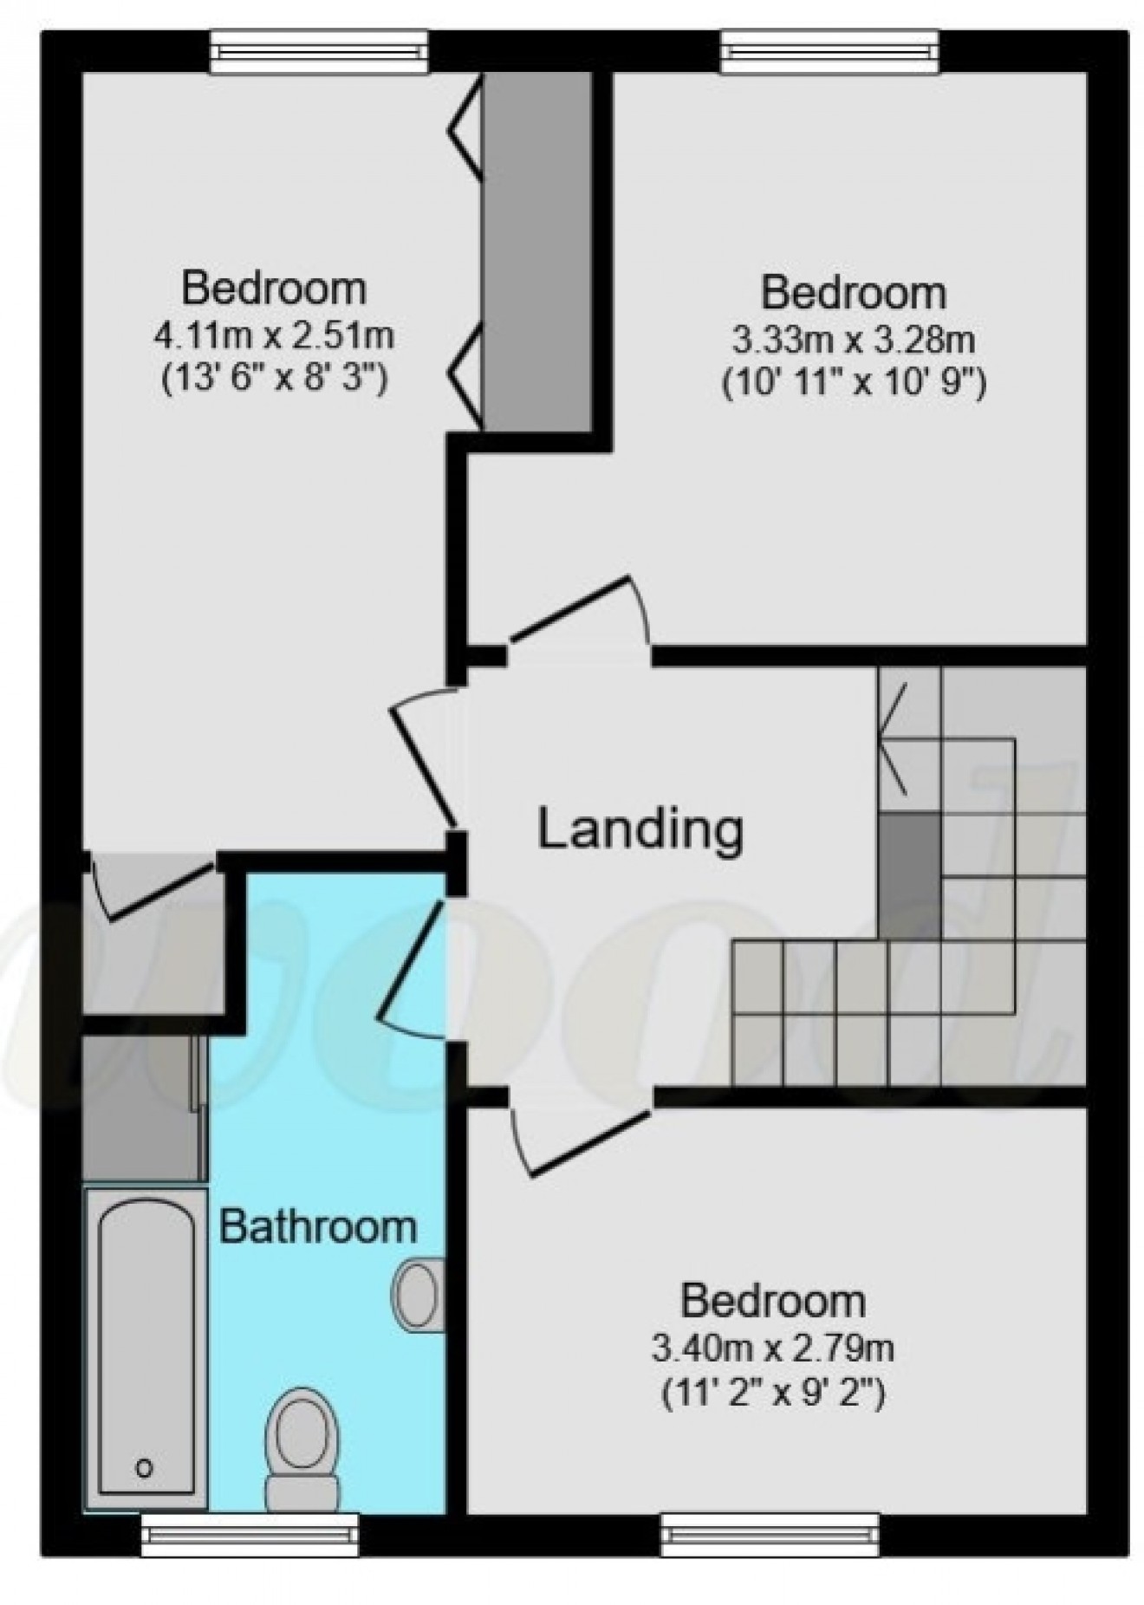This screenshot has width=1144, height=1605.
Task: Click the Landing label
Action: click(x=640, y=829)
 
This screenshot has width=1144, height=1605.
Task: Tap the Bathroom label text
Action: click(x=317, y=1226)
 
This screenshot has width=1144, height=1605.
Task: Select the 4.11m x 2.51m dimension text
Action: click(x=274, y=335)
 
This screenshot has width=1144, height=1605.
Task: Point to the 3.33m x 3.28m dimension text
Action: click(x=853, y=340)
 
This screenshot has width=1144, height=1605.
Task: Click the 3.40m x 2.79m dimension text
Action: click(x=772, y=1348)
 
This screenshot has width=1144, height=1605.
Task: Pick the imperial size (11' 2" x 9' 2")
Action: click(x=772, y=1394)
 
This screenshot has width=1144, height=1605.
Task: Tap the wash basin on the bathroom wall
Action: click(x=419, y=1294)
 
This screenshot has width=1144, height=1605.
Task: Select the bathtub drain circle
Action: click(x=145, y=1467)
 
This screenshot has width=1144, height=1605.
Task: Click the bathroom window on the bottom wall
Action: click(x=250, y=1534)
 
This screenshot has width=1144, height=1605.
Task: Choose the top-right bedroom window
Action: click(x=830, y=52)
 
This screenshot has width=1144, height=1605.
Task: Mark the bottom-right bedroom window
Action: click(x=770, y=1534)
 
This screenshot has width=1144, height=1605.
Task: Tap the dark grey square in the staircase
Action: click(x=909, y=875)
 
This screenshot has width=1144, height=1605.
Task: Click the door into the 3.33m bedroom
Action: click(x=576, y=615)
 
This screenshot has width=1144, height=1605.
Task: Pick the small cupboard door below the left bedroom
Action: click(x=152, y=888)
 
